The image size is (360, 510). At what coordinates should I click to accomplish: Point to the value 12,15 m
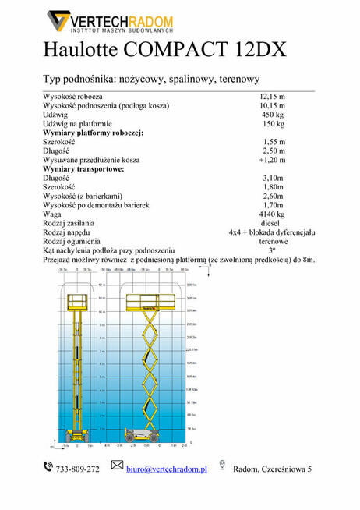tap(272, 97)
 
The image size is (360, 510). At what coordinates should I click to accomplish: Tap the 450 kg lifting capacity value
tap(274, 115)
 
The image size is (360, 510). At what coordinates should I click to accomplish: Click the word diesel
tap(270, 222)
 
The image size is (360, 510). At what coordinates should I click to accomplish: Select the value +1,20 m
tap(272, 160)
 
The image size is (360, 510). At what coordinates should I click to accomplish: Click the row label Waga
tap(52, 213)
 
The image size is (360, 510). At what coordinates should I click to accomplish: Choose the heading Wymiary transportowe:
tap(83, 168)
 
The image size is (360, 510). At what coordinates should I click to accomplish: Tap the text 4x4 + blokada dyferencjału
tap(271, 232)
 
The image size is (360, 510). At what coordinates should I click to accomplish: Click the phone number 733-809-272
tap(77, 469)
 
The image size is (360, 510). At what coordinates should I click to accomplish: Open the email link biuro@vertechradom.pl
tap(166, 469)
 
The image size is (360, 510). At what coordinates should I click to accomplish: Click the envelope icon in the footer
tap(117, 466)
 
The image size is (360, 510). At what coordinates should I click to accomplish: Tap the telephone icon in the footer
tap(48, 467)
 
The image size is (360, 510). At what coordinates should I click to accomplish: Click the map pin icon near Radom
tap(223, 466)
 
